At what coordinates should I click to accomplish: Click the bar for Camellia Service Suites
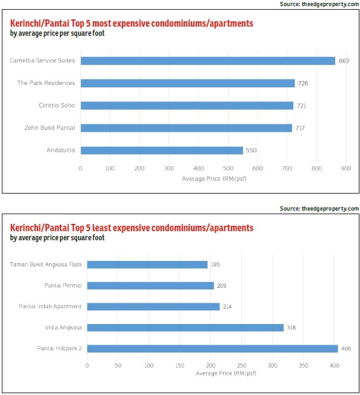coord(208,61)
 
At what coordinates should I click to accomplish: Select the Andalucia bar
coord(162,150)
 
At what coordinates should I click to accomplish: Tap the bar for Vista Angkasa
coord(185,328)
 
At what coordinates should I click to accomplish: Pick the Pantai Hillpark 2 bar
coord(212,349)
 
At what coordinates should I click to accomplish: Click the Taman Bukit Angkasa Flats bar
coord(147,265)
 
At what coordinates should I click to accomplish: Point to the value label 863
coord(344,61)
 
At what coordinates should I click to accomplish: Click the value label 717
coord(300,128)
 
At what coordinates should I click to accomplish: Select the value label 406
coord(346,349)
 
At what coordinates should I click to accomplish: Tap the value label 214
coord(227,306)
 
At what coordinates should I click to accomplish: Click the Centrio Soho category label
coord(57,105)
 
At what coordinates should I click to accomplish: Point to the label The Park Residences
coord(46,83)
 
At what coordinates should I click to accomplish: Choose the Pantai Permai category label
coord(63,285)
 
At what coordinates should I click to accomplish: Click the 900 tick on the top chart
coord(346,168)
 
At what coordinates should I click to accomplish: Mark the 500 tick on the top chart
coord(228,168)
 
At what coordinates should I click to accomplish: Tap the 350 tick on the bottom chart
coord(303,365)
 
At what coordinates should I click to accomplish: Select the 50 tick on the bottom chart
coord(118,365)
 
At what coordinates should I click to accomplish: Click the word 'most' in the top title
coord(102,24)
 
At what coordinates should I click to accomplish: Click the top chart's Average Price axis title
coord(214,178)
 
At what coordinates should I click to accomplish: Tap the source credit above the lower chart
coord(319,209)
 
